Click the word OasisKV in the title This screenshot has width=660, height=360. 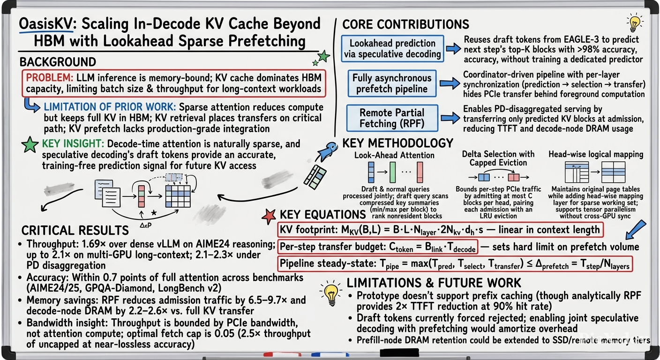pyautogui.click(x=45, y=23)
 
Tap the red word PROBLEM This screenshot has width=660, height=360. pyautogui.click(x=49, y=78)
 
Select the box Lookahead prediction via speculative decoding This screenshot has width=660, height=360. pyautogui.click(x=392, y=49)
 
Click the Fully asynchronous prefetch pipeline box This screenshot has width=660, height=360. pyautogui.click(x=392, y=83)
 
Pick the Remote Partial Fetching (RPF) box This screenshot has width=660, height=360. pyautogui.click(x=392, y=118)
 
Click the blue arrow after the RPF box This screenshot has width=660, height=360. pyautogui.click(x=450, y=118)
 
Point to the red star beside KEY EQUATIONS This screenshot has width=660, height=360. pyautogui.click(x=269, y=217)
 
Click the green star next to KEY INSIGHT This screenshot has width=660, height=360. pyautogui.click(x=30, y=145)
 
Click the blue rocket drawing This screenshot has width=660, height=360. pyautogui.click(x=328, y=151)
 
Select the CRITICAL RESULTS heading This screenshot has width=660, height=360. pyautogui.click(x=75, y=230)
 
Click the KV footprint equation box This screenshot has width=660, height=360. pyautogui.click(x=440, y=230)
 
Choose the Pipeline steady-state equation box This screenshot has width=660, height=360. pyautogui.click(x=455, y=264)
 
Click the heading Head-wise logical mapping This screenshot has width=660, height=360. pyautogui.click(x=596, y=154)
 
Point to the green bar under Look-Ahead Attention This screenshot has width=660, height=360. pyautogui.click(x=392, y=172)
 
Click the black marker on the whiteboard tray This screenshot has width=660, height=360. pyautogui.click(x=399, y=352)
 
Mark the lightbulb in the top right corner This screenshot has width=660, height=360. pyautogui.click(x=634, y=22)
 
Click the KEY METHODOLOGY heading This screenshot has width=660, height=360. pyautogui.click(x=398, y=143)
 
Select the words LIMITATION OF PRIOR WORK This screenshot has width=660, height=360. pyautogui.click(x=110, y=107)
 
